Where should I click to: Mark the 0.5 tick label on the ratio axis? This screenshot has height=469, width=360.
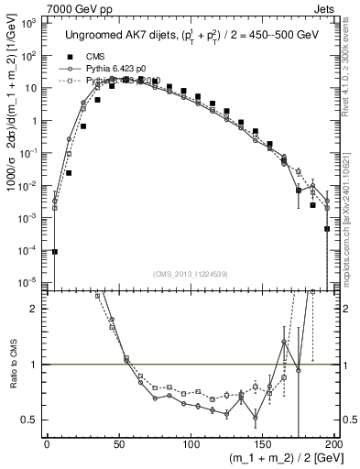pyautogui.click(x=32, y=420)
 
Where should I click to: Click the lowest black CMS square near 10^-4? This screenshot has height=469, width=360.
pyautogui.click(x=54, y=251)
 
